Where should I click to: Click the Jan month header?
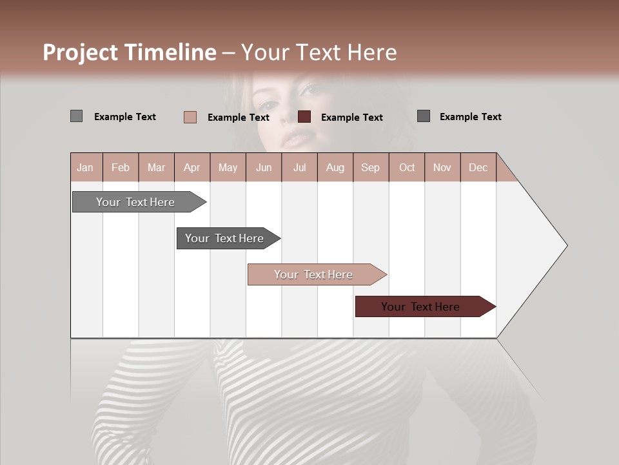(85, 167)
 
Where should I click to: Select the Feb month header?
(121, 167)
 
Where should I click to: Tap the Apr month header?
(192, 167)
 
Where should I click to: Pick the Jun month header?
(263, 167)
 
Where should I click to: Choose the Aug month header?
(335, 167)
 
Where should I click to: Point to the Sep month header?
(370, 167)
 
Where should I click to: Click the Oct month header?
(407, 167)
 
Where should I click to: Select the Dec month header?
(478, 167)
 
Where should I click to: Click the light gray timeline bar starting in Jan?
(136, 202)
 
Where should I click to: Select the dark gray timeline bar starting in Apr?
(225, 238)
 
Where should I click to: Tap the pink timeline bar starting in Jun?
(314, 274)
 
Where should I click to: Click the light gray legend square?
(76, 116)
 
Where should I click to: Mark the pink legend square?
(190, 117)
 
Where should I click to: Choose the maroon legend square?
(304, 117)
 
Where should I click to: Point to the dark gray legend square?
(424, 116)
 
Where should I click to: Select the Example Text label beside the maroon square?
(351, 118)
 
